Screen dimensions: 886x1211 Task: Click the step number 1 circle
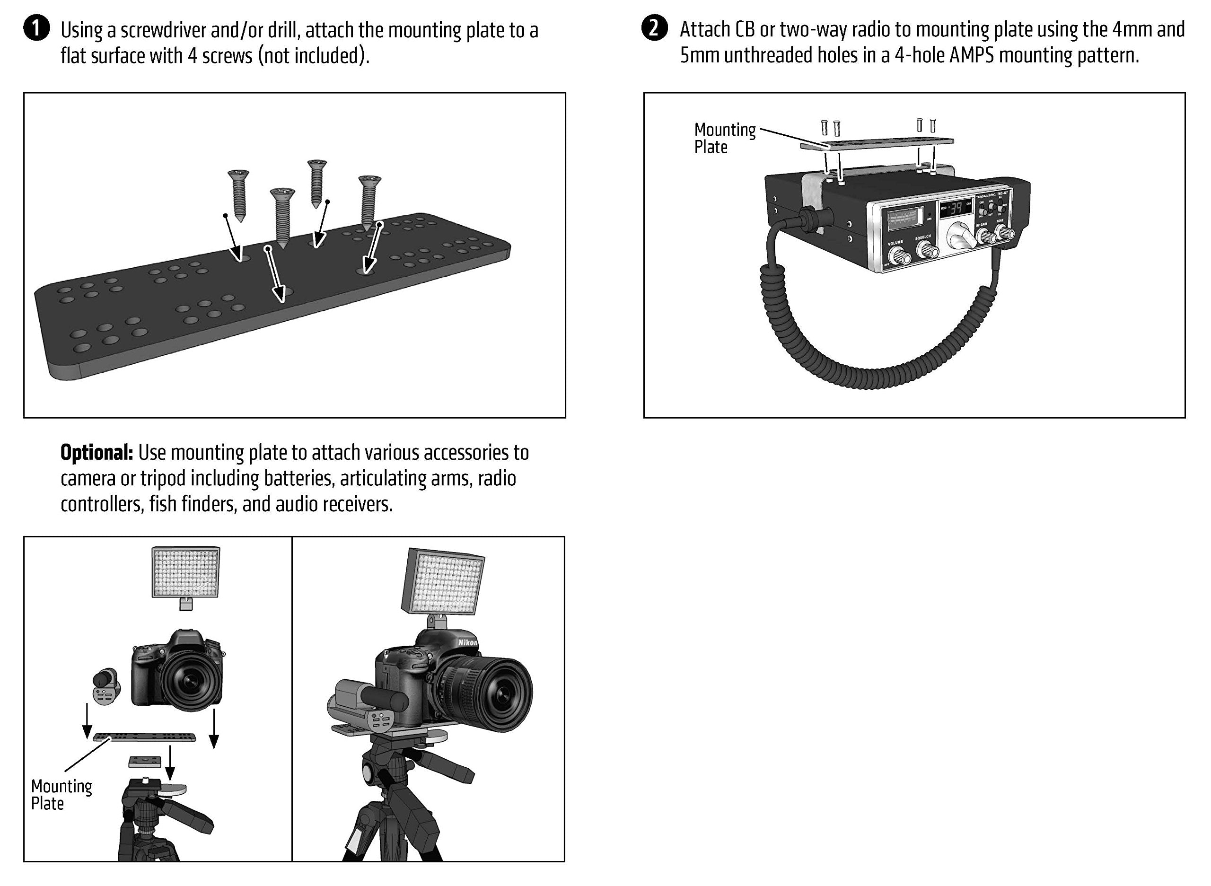(36, 29)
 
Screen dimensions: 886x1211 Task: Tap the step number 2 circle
(654, 28)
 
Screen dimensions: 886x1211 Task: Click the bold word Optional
(97, 453)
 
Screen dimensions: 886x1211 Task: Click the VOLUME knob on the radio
(900, 256)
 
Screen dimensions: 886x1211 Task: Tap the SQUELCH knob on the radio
(927, 249)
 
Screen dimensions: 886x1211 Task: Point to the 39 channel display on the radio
(956, 209)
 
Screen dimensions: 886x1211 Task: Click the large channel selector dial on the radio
(958, 236)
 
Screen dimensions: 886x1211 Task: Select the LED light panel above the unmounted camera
(185, 572)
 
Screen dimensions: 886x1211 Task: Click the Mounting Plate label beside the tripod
(61, 795)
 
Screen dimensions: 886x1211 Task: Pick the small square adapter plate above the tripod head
(145, 762)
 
